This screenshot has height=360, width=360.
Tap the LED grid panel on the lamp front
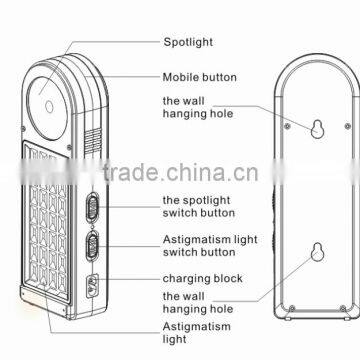(x=50, y=230)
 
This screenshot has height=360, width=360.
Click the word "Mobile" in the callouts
(x=180, y=75)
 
